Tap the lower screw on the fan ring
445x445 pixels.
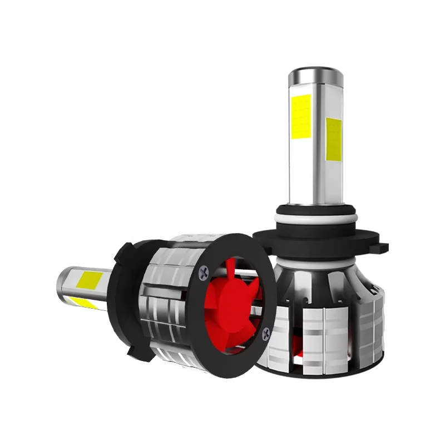click(266, 332)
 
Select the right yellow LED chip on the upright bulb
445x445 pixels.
click(334, 137)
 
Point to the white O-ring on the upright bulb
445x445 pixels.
click(314, 214)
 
